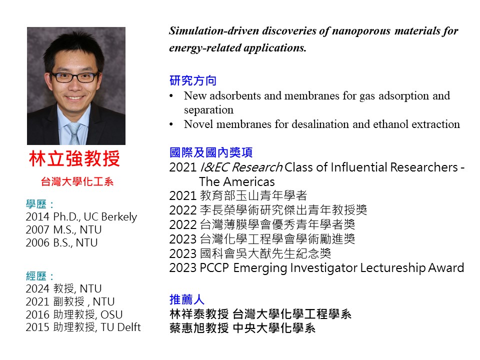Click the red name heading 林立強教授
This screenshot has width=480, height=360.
74,158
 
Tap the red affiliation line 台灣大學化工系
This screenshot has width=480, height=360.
77,181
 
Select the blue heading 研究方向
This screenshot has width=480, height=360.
193,80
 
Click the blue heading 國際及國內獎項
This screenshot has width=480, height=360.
211,152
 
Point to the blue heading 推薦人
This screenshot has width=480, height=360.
186,299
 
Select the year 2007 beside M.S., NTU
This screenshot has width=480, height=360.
37,229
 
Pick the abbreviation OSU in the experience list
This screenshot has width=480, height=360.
111,314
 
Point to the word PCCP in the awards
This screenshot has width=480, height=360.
214,268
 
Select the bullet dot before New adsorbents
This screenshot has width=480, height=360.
171,96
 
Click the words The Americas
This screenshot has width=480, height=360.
237,182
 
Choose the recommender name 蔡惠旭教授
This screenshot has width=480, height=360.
199,328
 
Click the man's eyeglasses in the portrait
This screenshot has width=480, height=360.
74,77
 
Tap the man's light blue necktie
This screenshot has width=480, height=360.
74,133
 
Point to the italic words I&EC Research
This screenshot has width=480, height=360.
241,167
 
